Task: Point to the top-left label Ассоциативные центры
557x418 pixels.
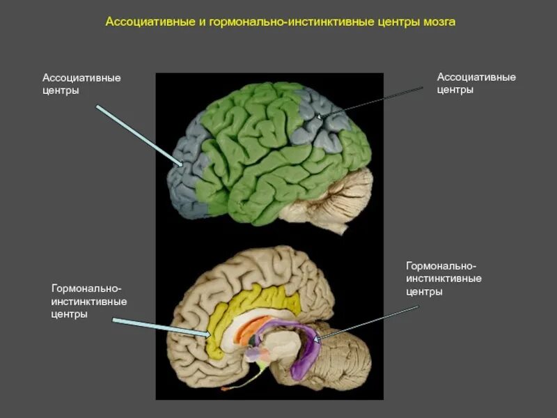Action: click(81, 84)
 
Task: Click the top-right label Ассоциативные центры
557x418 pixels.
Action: click(476, 83)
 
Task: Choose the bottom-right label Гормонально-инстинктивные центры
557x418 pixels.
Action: click(444, 279)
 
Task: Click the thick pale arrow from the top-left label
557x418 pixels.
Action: click(139, 135)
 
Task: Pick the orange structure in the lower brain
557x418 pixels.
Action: click(248, 327)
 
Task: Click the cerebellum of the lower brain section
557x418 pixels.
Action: click(345, 355)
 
